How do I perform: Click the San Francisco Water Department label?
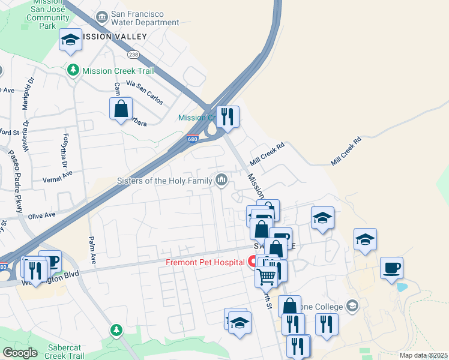145,17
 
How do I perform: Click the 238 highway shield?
133,54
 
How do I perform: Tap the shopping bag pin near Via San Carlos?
121,109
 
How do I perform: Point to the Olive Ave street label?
41,215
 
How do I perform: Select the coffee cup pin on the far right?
391,268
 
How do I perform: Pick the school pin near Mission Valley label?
71,40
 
